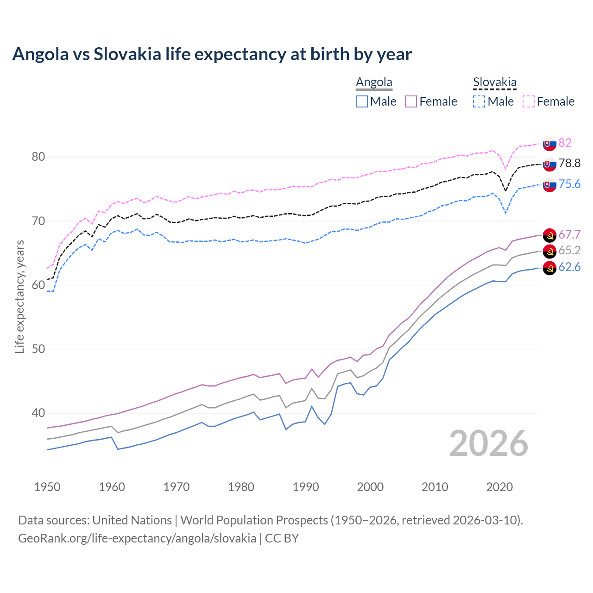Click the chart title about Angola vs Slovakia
[212, 54]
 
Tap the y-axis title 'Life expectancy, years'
[19, 296]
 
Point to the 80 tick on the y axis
[38, 157]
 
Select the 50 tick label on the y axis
[38, 349]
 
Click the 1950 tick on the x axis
[47, 487]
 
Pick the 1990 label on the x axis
[306, 487]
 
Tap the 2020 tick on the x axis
[499, 487]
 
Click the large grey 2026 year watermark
[489, 443]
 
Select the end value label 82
[565, 143]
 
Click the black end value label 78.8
[569, 163]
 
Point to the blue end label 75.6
[569, 184]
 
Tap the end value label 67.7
[569, 234]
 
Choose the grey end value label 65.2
[569, 250]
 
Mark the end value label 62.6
[569, 267]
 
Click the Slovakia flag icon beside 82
[549, 144]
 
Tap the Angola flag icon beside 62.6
[549, 268]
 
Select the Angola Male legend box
[362, 101]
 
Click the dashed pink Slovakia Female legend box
[529, 101]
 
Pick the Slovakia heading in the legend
[494, 82]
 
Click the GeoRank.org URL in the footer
[137, 538]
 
